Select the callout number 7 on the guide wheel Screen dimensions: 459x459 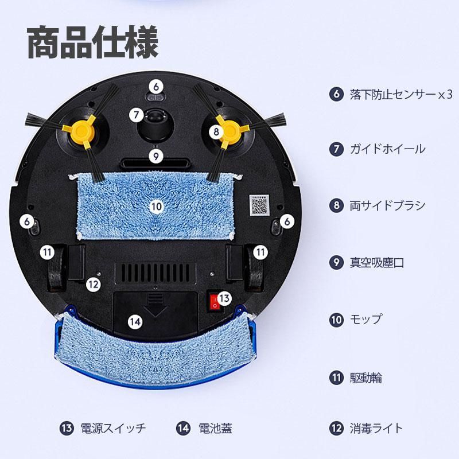[x=135, y=114]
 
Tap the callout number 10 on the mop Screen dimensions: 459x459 [x=156, y=206]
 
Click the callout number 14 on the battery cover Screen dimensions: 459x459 [x=135, y=322]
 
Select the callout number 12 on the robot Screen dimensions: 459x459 [x=94, y=283]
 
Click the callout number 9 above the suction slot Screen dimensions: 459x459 [x=155, y=155]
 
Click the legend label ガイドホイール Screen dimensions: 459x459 [x=388, y=149]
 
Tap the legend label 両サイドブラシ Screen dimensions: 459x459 [x=388, y=205]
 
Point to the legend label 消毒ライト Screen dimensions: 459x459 [x=376, y=428]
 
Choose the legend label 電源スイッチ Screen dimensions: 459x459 [x=113, y=428]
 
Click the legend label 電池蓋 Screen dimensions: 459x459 [x=215, y=428]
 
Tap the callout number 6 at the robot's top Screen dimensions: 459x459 [x=156, y=87]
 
